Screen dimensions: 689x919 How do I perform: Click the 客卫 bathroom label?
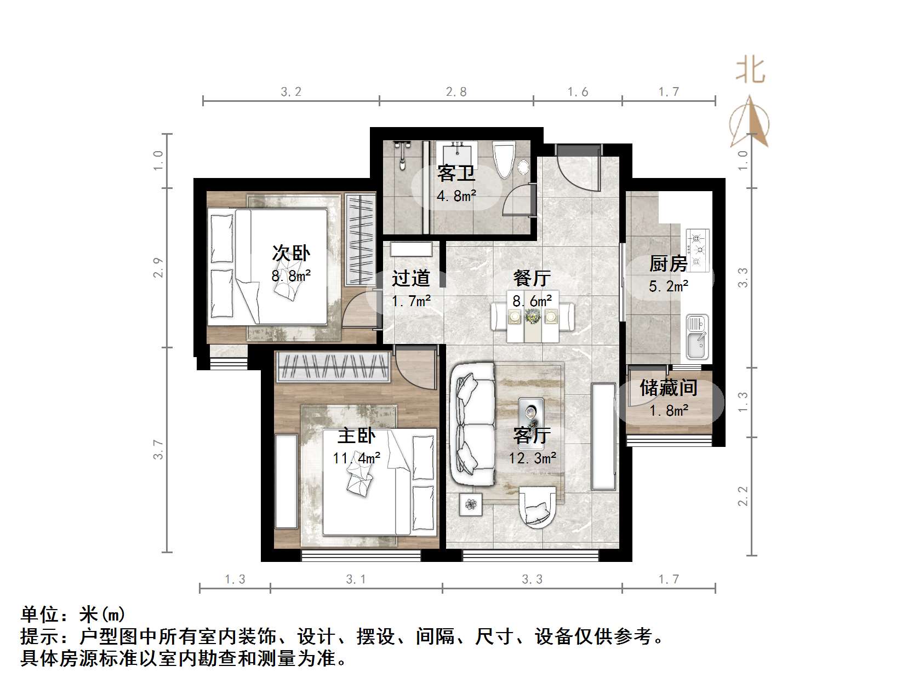point(456,174)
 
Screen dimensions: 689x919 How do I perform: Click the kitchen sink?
point(697,336)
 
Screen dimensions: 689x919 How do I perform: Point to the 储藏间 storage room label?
point(668,388)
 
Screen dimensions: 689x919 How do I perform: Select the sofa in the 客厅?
point(471,425)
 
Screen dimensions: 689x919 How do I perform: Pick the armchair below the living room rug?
point(540,507)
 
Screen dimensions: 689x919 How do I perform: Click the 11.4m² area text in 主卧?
point(356,458)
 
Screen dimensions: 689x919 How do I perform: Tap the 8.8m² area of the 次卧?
point(291,275)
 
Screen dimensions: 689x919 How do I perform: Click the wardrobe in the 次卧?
point(360,239)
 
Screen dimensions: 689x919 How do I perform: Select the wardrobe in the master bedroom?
point(334,366)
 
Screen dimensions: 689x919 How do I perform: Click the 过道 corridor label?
point(410,279)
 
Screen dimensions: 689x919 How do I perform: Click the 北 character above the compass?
point(750,71)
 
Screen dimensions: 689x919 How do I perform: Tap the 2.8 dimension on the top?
point(456,92)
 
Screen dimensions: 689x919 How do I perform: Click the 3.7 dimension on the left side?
point(159,450)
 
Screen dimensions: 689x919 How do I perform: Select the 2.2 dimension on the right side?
point(743,496)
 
